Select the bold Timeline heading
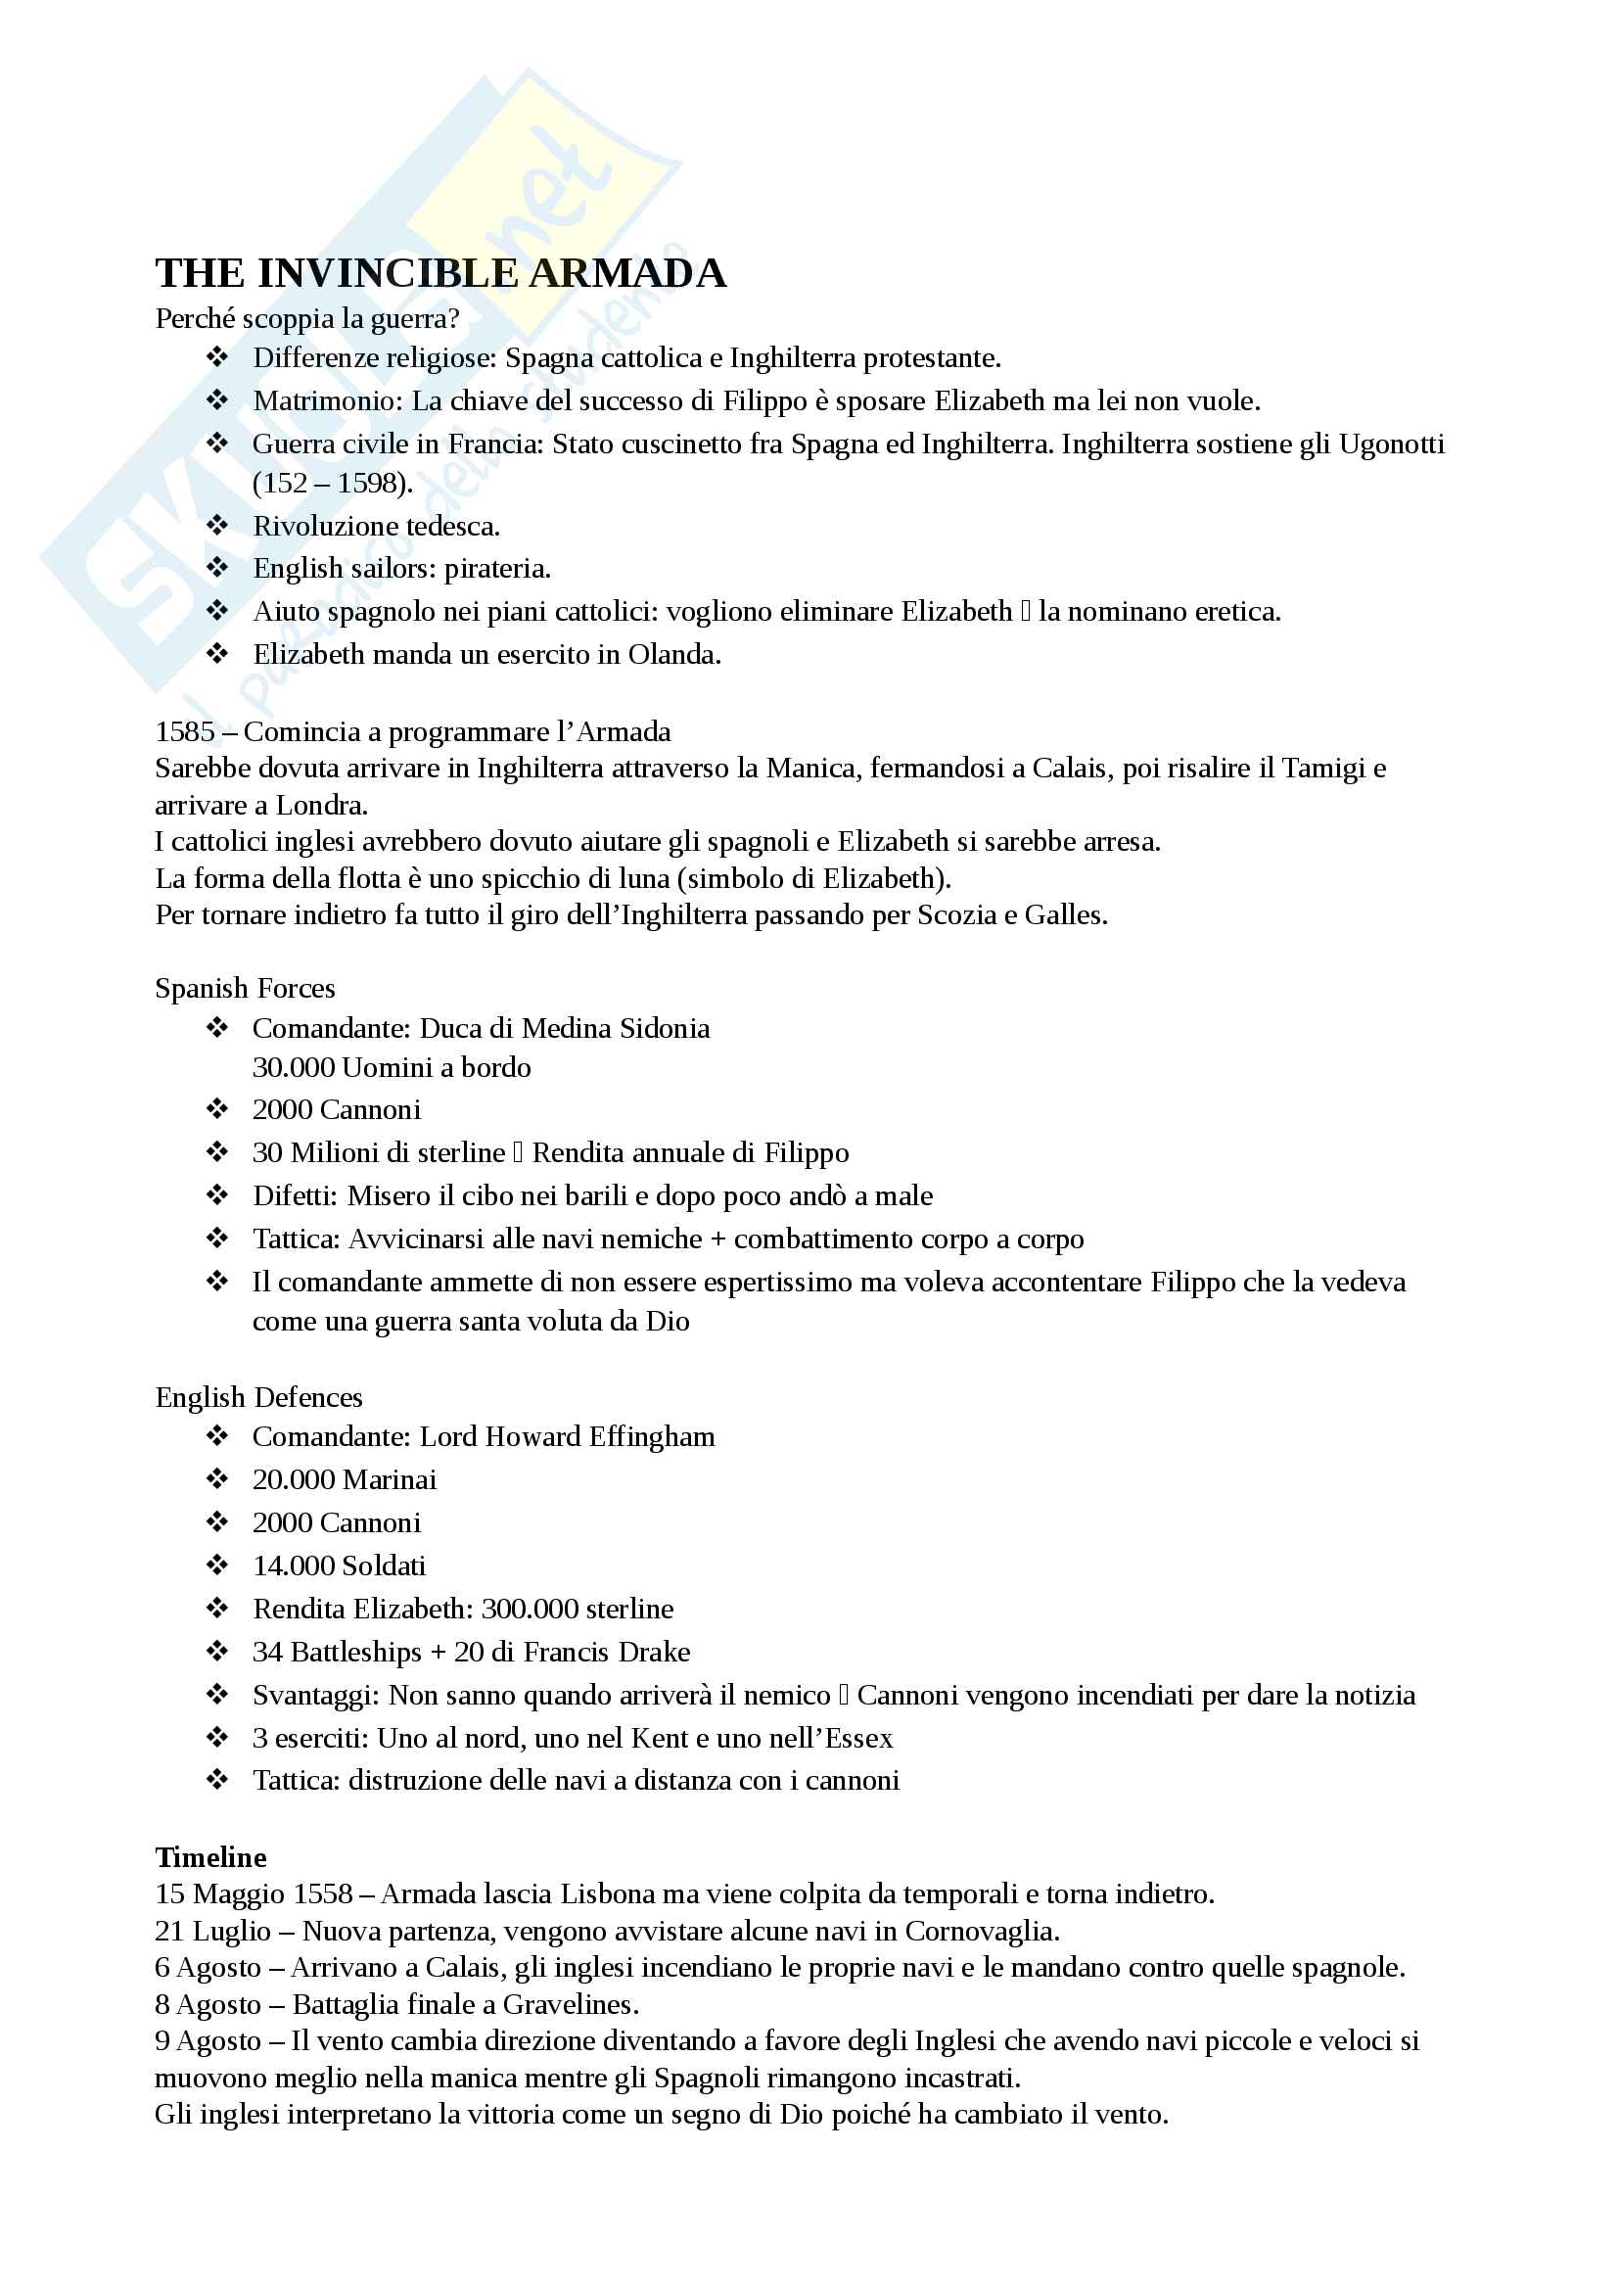tap(210, 1856)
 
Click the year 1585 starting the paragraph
tap(184, 731)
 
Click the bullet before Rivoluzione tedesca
tap(217, 525)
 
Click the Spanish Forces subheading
tap(246, 988)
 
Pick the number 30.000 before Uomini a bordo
tap(293, 1067)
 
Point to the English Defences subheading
tap(259, 1396)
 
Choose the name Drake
tap(654, 1652)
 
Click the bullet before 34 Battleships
tap(217, 1651)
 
